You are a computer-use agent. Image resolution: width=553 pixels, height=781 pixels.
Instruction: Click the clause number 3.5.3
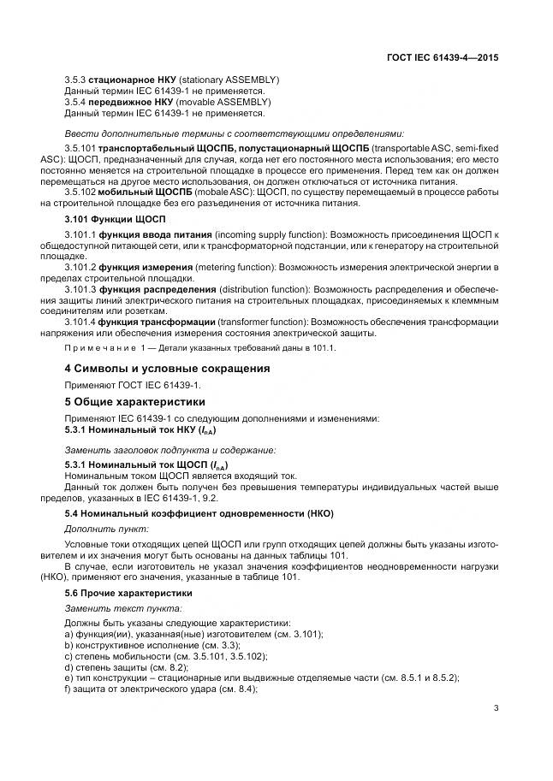tap(76, 80)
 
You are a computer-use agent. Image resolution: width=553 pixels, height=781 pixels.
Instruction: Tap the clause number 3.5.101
tap(80, 149)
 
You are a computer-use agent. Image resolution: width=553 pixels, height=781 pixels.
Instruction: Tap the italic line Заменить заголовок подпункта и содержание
tap(170, 449)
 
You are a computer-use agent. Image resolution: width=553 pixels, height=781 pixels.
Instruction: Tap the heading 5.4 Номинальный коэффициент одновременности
tap(199, 513)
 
